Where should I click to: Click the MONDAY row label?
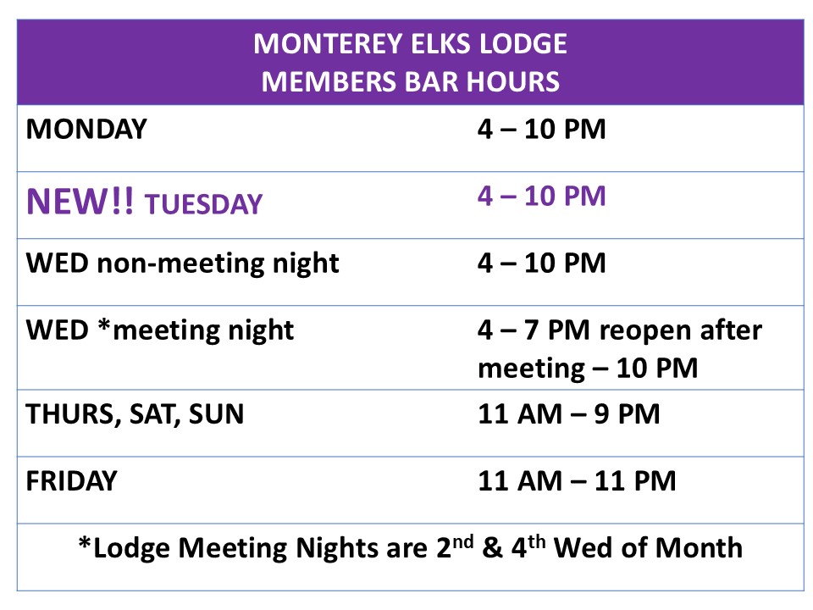click(x=86, y=129)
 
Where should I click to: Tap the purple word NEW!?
click(x=80, y=202)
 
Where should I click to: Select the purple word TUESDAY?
click(x=204, y=204)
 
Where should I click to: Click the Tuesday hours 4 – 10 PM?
click(x=541, y=196)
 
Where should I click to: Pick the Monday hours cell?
click(x=541, y=129)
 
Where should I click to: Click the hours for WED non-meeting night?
click(x=541, y=263)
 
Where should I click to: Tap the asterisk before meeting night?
click(x=104, y=326)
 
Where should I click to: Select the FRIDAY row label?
click(x=71, y=481)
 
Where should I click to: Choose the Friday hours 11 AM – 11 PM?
click(x=577, y=481)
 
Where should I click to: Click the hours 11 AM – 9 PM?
click(x=569, y=414)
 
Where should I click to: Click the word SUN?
click(x=216, y=414)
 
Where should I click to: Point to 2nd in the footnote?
click(x=455, y=546)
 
